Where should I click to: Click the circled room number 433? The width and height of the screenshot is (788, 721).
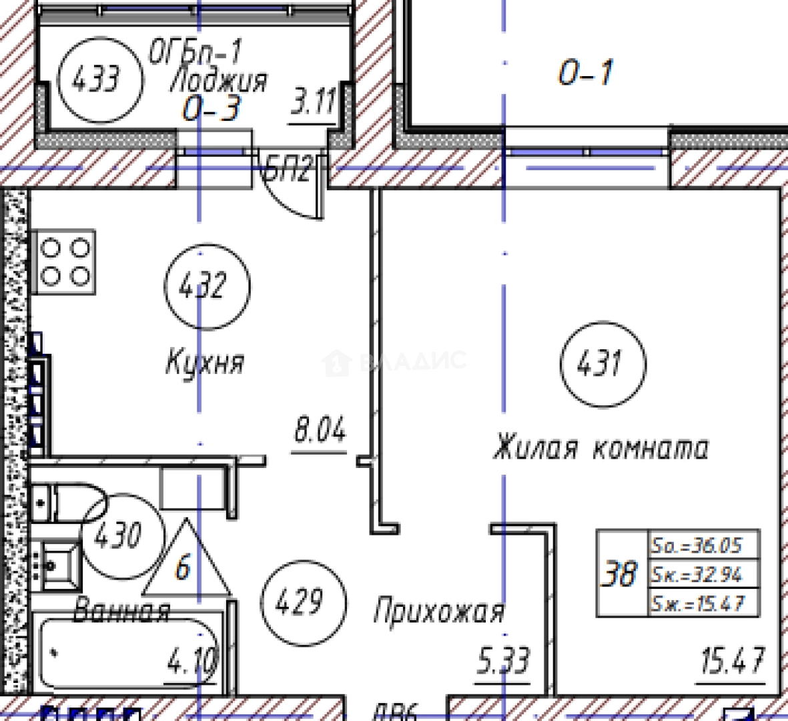(101, 80)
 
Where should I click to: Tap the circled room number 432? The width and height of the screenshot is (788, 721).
(207, 286)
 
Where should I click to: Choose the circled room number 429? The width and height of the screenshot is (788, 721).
(304, 603)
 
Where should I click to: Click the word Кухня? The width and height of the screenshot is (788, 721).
(205, 363)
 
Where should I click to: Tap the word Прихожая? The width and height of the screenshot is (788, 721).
(438, 612)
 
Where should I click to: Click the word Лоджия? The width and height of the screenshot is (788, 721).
(219, 80)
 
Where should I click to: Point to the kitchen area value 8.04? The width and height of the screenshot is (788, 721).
(320, 431)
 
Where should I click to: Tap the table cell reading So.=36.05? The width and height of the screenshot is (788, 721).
(705, 545)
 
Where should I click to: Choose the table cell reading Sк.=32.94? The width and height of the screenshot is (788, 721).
(705, 573)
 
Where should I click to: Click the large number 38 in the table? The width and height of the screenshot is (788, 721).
(619, 573)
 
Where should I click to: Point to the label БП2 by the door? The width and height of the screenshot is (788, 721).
(287, 169)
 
